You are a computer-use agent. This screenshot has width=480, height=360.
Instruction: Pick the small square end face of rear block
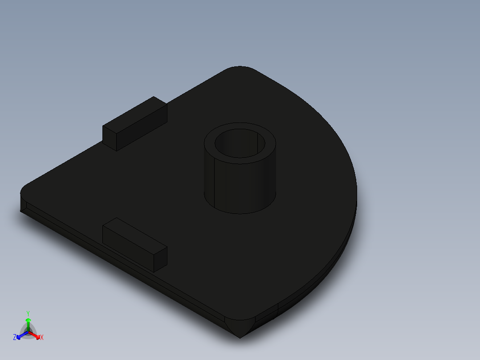click(110, 138)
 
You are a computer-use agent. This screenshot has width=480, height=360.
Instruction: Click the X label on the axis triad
click(42, 338)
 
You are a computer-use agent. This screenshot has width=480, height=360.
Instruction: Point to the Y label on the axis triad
click(28, 313)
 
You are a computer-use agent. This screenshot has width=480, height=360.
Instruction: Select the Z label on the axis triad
click(15, 338)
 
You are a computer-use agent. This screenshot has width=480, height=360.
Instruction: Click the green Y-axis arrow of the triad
click(28, 323)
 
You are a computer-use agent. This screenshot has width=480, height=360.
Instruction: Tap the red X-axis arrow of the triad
click(35, 335)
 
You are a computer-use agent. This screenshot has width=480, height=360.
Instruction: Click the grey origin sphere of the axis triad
click(28, 332)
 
